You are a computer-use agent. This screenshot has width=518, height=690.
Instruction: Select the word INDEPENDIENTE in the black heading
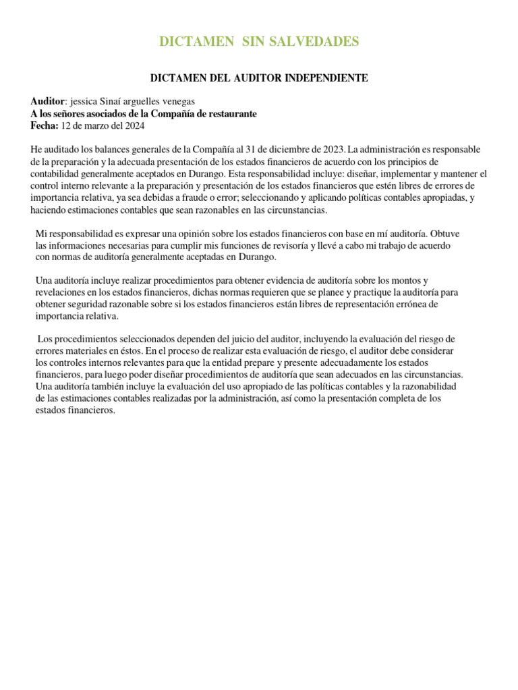pyautogui.click(x=326, y=78)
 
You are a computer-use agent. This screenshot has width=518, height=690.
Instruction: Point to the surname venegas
pyautogui.click(x=175, y=101)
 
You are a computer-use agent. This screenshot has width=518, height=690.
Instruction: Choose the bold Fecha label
pyautogui.click(x=45, y=126)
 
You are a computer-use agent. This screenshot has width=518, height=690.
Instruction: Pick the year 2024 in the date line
pyautogui.click(x=134, y=126)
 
